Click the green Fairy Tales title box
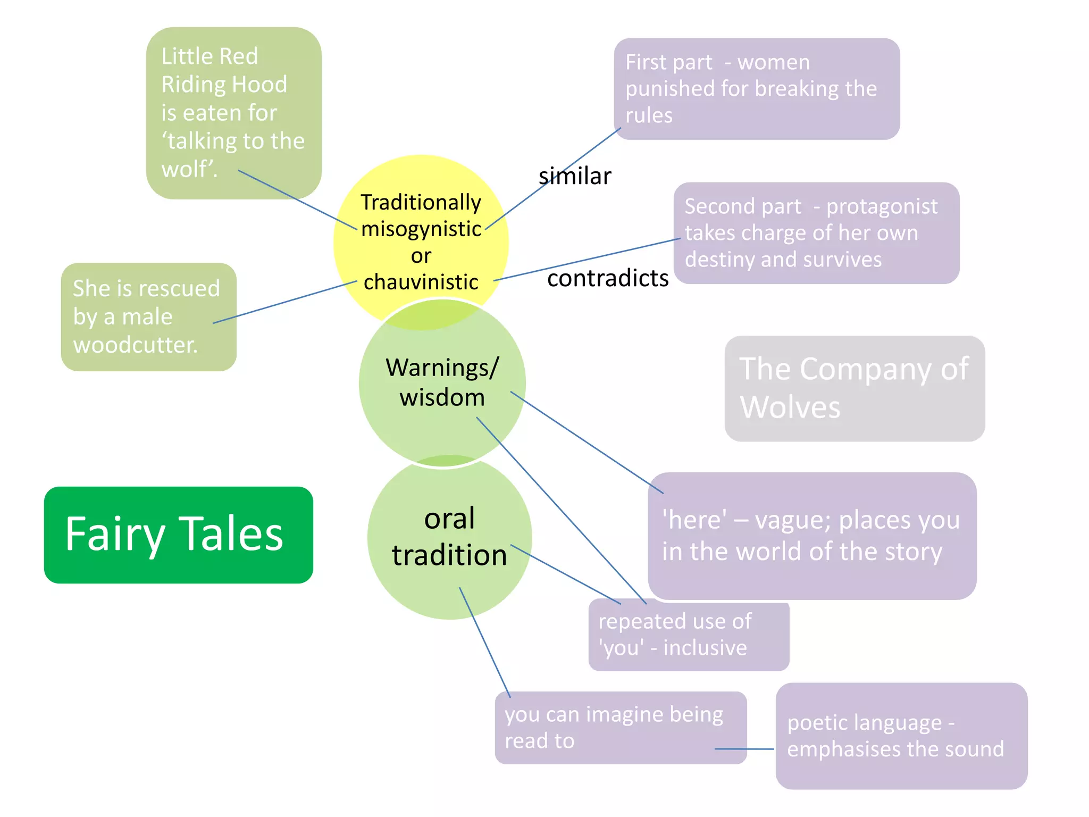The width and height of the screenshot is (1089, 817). [x=178, y=535]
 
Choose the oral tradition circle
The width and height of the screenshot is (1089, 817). [x=449, y=537]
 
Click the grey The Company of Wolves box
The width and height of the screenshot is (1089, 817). [x=855, y=388]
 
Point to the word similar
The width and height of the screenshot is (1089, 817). [x=575, y=176]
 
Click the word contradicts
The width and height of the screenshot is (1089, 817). [x=608, y=278]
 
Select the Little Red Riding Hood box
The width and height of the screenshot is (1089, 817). [x=233, y=113]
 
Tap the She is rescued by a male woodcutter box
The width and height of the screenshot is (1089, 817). [x=148, y=316]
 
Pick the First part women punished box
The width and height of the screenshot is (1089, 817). [x=756, y=89]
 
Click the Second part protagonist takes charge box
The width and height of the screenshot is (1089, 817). [x=816, y=233]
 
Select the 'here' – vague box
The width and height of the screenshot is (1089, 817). [x=812, y=536]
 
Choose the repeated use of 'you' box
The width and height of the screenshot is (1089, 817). [x=689, y=635]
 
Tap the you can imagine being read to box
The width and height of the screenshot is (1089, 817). [x=620, y=728]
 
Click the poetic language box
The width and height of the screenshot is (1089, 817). [x=901, y=736]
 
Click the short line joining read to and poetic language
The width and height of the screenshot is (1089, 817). [x=744, y=749]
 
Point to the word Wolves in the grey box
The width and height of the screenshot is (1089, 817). [x=790, y=408]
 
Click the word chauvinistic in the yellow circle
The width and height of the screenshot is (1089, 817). [x=421, y=282]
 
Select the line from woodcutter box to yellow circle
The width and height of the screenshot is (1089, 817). [x=284, y=302]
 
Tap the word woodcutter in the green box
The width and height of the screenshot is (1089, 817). [x=135, y=345]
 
